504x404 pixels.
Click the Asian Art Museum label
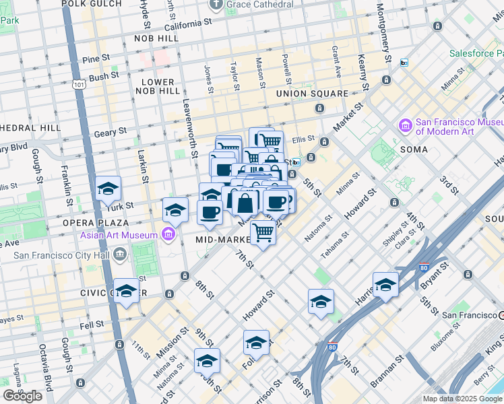point(117,235)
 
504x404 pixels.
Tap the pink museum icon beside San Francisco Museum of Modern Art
point(405,126)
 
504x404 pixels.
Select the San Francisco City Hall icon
point(120,254)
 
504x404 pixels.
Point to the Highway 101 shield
point(79,84)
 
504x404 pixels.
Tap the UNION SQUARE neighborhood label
point(311,94)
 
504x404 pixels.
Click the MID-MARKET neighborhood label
point(223,240)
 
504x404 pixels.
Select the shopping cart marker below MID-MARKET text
point(263,233)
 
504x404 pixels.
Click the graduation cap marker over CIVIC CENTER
point(126,290)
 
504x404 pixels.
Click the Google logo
point(22,396)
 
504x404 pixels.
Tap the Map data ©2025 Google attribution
point(462,399)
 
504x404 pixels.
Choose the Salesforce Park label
point(476,53)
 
